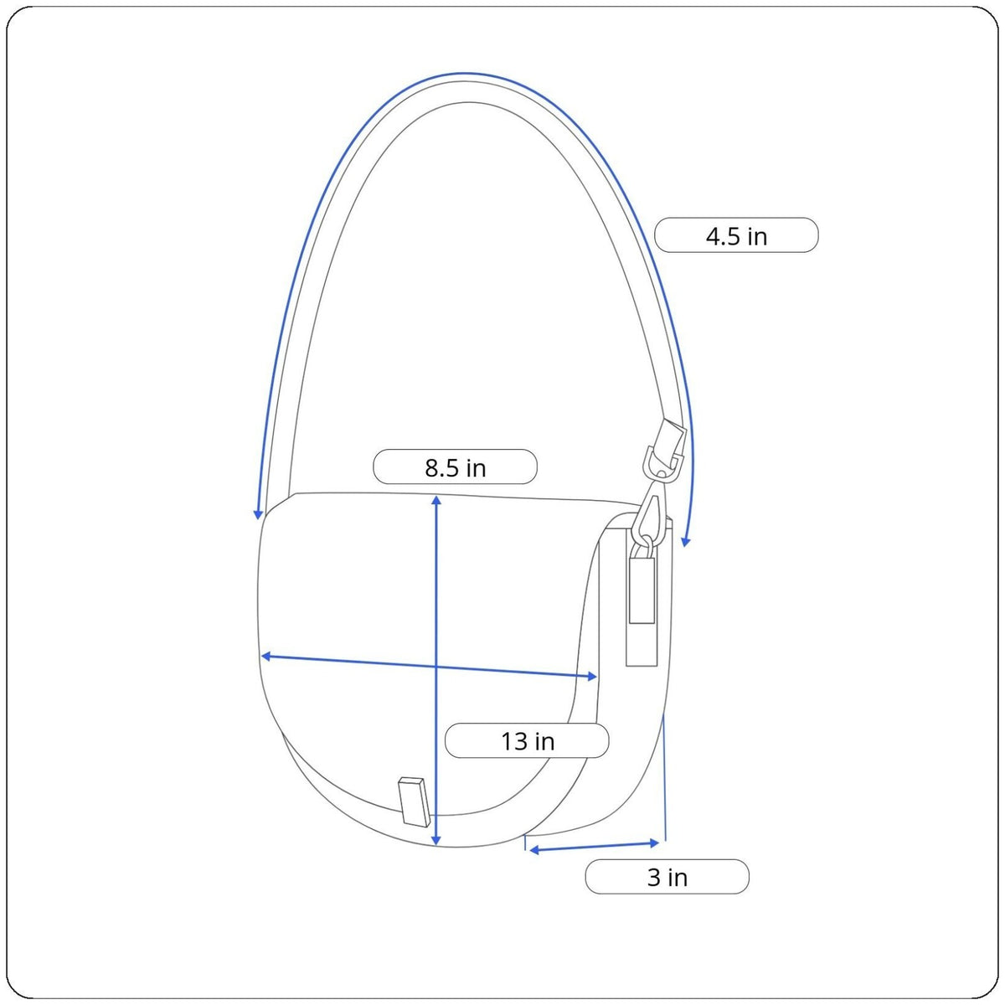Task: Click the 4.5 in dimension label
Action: point(736,235)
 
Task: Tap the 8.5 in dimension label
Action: point(455,466)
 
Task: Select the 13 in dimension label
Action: point(527,740)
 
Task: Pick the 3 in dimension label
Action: point(667,877)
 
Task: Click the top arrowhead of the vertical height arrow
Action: point(436,500)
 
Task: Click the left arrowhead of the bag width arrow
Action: point(265,656)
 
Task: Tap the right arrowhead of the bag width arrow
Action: point(592,677)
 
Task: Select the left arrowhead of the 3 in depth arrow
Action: point(533,850)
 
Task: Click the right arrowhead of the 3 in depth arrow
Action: point(655,843)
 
